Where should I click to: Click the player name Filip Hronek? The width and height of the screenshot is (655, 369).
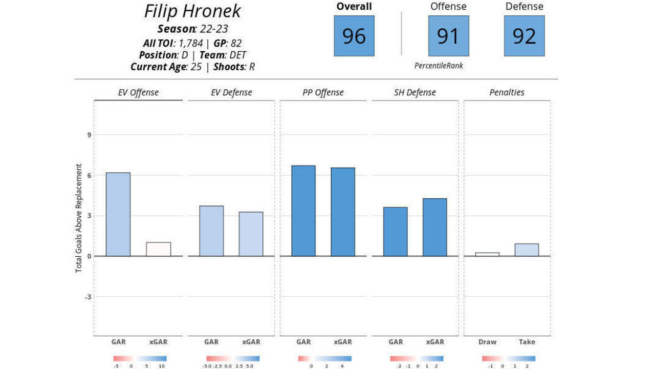pos(192,11)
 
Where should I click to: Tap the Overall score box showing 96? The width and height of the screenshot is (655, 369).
pos(354,36)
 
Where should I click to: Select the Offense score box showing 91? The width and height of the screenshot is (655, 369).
pos(448,36)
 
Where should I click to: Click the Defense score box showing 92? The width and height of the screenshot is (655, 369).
pos(524,36)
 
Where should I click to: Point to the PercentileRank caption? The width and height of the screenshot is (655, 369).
pos(439,66)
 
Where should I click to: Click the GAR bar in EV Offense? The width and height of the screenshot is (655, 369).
pos(118,214)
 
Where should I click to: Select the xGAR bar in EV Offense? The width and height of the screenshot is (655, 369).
pos(159,249)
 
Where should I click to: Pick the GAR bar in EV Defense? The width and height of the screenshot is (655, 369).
pos(211,231)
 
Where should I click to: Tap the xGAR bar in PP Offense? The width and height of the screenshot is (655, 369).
pos(343,212)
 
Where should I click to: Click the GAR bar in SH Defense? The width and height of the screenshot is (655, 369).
pos(396,231)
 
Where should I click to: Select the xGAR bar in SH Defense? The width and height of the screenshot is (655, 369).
pos(435,227)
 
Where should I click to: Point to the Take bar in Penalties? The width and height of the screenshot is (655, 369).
pos(527,250)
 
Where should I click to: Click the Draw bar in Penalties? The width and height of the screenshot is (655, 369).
pos(487,254)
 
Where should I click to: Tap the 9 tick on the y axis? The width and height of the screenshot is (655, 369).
pos(89,135)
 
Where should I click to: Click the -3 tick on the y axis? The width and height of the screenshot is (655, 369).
pos(88,297)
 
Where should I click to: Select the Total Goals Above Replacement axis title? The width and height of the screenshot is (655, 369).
pos(79,218)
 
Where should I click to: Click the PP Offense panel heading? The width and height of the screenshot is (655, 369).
pos(323,93)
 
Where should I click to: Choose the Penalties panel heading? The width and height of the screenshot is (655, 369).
pos(507,93)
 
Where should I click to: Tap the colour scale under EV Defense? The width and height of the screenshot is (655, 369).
pos(233,359)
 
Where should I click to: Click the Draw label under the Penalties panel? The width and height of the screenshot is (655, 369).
pos(487,342)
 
